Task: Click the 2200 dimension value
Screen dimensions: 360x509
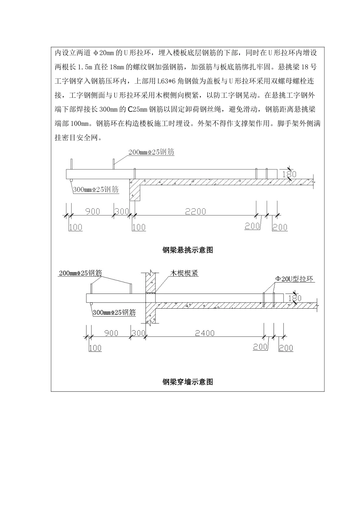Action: tap(195, 212)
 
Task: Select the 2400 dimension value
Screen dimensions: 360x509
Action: tap(205, 333)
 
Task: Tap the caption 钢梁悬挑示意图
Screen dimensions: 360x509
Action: tap(188, 250)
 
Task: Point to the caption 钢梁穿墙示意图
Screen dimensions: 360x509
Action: tap(188, 382)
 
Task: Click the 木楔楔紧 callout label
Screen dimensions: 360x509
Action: tap(185, 273)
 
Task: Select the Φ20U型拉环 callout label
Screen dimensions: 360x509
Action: tap(294, 279)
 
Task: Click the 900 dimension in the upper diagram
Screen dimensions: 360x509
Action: tap(92, 211)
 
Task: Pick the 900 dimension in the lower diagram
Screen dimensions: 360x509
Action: tap(111, 333)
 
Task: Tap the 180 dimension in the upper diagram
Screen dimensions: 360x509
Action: tap(290, 175)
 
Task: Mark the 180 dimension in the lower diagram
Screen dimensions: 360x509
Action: tap(295, 298)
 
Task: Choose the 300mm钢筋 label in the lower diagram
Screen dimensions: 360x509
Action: tap(114, 312)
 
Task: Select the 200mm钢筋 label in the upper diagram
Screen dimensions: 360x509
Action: tap(151, 152)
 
